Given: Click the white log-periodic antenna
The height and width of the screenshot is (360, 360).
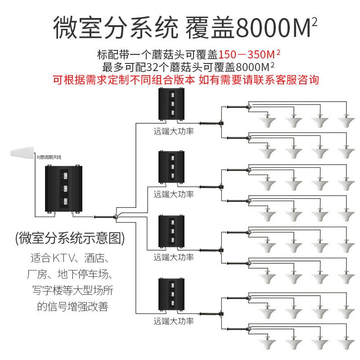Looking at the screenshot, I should point(21,151).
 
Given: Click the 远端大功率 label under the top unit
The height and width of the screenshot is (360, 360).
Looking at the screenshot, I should point(173,132).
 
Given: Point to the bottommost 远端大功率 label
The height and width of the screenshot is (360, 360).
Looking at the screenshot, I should point(173,321).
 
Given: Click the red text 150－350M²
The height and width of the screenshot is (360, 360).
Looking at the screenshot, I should point(250,55).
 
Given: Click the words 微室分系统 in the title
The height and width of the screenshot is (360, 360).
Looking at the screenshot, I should point(112,28).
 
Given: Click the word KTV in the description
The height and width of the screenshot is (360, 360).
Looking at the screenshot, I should point(62,259).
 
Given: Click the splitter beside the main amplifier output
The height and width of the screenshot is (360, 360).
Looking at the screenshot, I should point(116,217).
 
